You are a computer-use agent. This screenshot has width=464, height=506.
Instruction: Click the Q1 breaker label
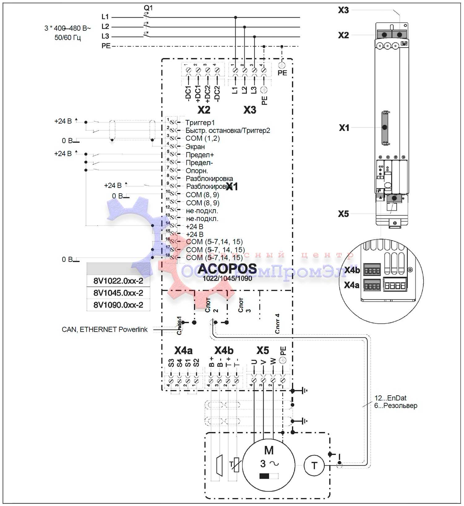(148, 7)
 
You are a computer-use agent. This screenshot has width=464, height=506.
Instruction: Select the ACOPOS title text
(227, 269)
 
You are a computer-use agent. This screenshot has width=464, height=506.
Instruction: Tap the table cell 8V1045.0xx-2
(118, 293)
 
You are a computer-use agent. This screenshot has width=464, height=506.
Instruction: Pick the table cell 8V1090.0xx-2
(118, 305)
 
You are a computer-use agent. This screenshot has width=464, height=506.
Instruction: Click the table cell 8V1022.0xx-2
(118, 281)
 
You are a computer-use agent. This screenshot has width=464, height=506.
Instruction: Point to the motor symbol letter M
(269, 450)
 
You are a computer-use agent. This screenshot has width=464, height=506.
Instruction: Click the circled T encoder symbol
(314, 465)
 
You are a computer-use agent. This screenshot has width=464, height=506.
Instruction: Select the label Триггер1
(200, 123)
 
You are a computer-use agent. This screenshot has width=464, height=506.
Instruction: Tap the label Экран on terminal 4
(195, 147)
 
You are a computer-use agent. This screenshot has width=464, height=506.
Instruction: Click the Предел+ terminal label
(200, 155)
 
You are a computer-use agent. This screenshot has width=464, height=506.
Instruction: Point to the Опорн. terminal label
(197, 171)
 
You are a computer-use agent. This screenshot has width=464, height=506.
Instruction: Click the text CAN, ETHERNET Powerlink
(105, 330)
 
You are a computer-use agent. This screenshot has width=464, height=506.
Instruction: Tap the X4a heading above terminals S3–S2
(183, 351)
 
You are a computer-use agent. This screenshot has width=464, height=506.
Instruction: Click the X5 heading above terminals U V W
(263, 351)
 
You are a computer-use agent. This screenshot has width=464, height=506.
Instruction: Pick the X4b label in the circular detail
(352, 270)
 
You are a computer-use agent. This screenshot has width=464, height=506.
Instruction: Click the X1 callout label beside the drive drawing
(344, 128)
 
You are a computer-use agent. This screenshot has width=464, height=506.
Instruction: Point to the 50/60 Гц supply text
(68, 38)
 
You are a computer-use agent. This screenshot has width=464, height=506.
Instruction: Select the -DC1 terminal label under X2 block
(188, 93)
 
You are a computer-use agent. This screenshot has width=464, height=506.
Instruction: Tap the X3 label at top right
(343, 10)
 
